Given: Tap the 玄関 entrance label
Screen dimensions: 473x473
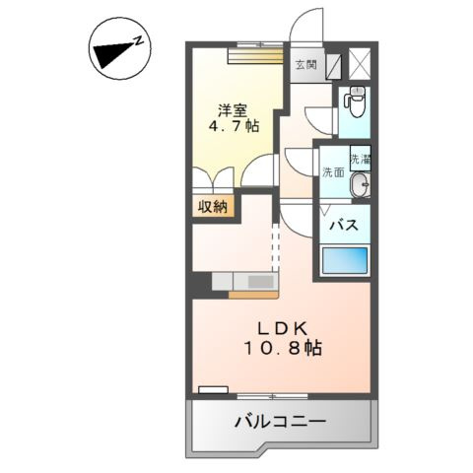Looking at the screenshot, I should (x=305, y=66).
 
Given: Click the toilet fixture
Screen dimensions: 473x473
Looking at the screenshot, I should (x=354, y=101).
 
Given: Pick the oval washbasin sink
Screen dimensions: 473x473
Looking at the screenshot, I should (x=361, y=185).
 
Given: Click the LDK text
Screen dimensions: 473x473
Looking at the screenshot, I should (x=284, y=328).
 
